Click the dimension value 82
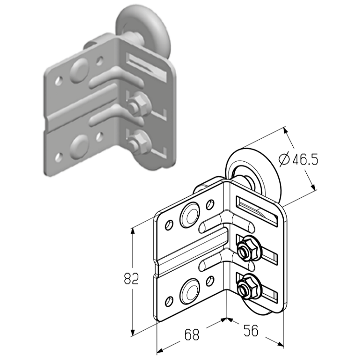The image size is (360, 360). click(x=132, y=278)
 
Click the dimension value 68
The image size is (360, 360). click(x=192, y=335)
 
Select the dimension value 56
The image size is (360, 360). click(x=251, y=330)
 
